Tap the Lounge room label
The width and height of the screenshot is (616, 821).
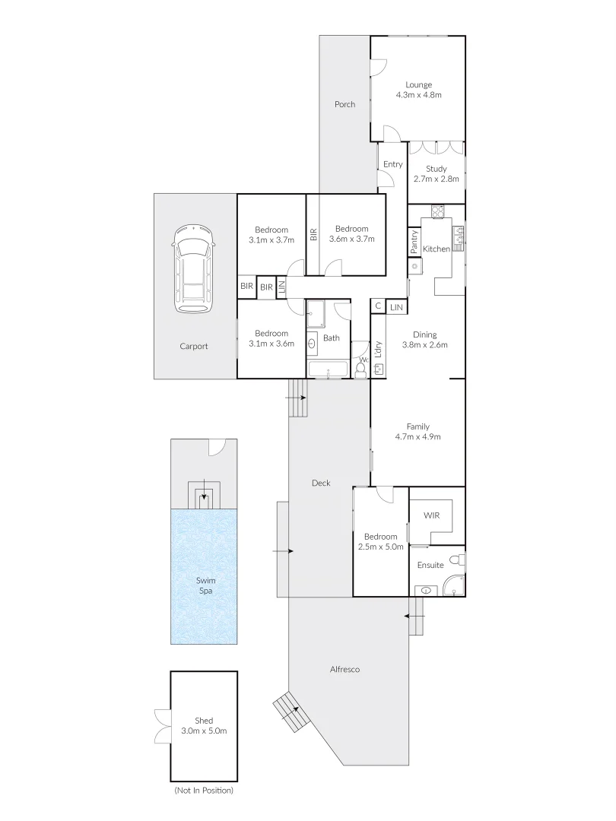tap(418, 90)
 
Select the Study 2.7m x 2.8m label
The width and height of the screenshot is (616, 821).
tap(436, 174)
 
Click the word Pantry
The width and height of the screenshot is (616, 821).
tap(414, 242)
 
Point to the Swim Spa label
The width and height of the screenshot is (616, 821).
tap(202, 585)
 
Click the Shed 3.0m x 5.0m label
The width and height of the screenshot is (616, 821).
tap(204, 725)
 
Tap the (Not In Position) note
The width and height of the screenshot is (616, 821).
tap(203, 791)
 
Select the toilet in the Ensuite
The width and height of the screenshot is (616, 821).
tap(456, 560)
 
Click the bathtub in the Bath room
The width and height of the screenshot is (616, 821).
tap(327, 371)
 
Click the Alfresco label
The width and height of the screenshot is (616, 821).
tap(345, 670)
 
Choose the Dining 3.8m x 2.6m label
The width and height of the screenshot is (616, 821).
tap(430, 339)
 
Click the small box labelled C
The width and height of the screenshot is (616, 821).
tap(378, 306)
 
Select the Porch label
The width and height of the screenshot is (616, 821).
tap(345, 104)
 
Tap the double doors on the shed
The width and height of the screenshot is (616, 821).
tap(163, 725)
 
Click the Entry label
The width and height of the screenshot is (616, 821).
tap(392, 164)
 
